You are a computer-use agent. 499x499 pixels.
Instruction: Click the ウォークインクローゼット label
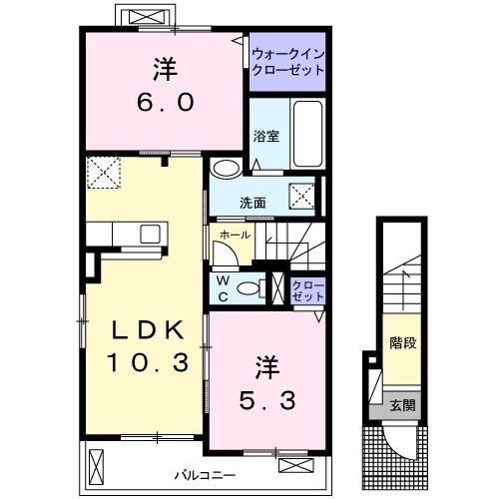click(288, 62)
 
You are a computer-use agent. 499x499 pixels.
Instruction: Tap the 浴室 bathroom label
click(266, 137)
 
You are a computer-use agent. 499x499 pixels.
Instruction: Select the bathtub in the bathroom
click(307, 134)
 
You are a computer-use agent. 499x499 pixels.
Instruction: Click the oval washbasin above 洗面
click(227, 169)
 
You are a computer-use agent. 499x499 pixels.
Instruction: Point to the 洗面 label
click(252, 203)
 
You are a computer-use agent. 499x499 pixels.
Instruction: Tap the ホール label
click(235, 236)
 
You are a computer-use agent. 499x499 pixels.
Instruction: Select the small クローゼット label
click(307, 291)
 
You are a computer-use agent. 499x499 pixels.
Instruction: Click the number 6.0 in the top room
click(165, 102)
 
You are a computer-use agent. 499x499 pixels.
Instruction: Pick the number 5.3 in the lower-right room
click(267, 400)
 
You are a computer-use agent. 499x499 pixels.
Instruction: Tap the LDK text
click(148, 330)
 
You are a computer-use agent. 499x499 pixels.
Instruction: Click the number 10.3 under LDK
click(148, 362)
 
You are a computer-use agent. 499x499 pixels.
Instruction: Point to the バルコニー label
click(206, 475)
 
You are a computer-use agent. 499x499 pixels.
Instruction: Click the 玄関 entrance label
click(403, 405)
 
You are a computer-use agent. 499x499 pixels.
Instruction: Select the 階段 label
click(403, 342)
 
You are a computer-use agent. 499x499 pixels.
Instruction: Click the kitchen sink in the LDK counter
click(150, 234)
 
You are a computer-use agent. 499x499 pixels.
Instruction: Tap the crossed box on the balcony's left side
click(97, 467)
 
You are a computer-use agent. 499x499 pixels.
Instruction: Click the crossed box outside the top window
click(147, 17)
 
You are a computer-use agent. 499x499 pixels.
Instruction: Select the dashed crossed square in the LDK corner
click(104, 173)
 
